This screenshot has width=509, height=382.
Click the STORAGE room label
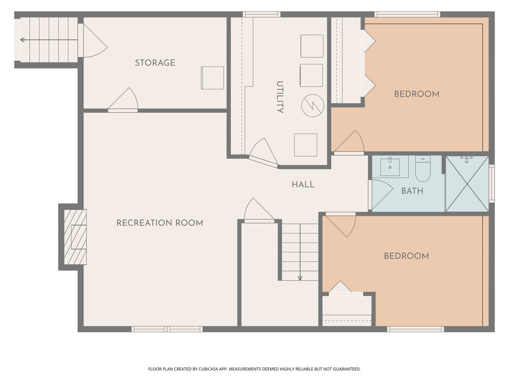[155, 63]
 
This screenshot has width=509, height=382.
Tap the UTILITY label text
[279, 97]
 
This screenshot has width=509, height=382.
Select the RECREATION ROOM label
[160, 223]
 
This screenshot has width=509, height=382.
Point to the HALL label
[303, 185]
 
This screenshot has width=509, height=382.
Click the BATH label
[412, 191]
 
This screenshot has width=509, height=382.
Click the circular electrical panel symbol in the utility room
[313, 105]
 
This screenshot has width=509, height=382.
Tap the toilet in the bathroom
[423, 169]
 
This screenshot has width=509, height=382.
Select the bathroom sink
[390, 167]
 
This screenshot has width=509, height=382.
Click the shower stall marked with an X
[467, 184]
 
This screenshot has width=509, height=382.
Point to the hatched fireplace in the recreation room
[76, 237]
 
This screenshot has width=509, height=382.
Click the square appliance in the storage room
[212, 78]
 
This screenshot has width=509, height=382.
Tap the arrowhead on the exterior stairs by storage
[22, 40]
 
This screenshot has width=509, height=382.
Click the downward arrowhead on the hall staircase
[300, 278]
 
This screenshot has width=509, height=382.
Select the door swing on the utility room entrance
[263, 153]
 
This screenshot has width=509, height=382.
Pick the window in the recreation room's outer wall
[167, 329]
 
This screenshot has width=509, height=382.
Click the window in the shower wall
[492, 184]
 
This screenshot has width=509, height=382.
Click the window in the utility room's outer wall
[261, 14]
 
